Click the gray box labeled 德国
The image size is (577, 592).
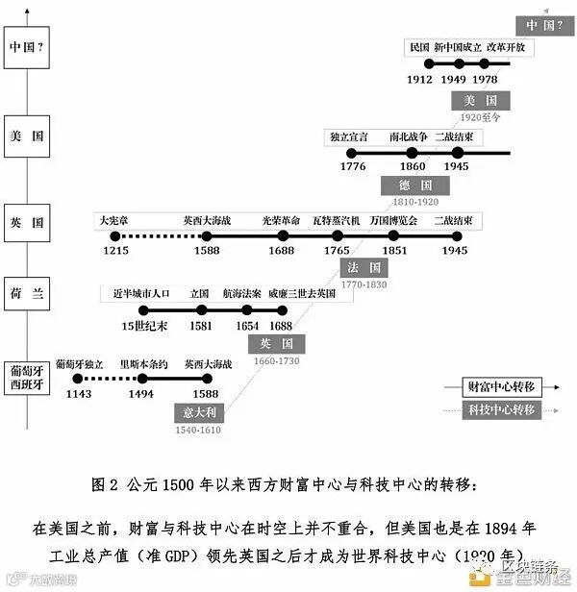click(415, 185)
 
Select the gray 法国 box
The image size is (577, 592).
click(364, 266)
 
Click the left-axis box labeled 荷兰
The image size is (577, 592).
click(26, 294)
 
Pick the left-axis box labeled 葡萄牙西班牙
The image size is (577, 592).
click(26, 376)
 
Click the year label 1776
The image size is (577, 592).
click(353, 166)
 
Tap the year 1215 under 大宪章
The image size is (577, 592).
click(116, 250)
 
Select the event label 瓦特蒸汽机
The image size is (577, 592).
click(336, 220)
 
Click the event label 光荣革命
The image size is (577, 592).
click(282, 220)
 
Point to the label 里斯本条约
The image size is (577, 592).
click(143, 364)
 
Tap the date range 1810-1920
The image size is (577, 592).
click(415, 202)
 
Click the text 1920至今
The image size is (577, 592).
click(480, 117)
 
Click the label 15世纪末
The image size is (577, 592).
click(144, 326)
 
